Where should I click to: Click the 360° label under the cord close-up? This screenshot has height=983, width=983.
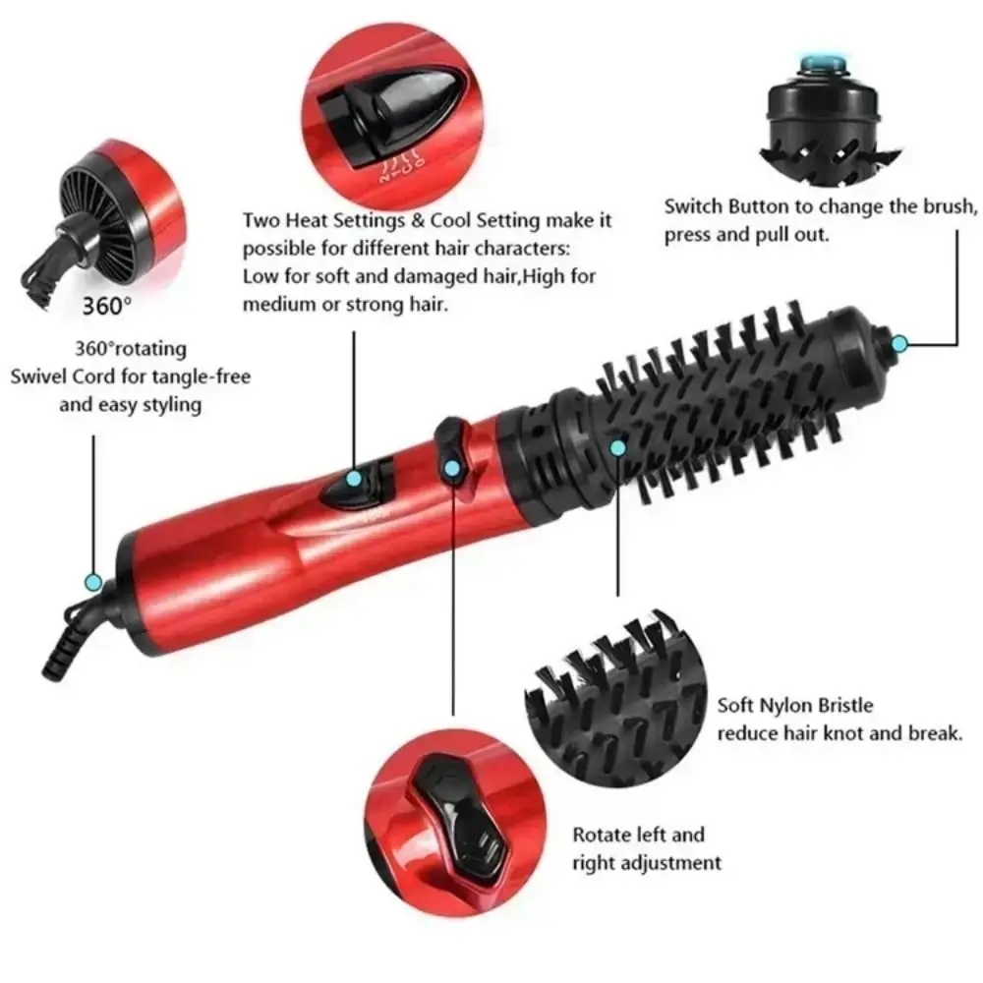(106, 305)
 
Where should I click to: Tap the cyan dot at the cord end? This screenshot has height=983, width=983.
(93, 583)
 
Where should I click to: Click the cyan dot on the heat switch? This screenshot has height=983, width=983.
(354, 479)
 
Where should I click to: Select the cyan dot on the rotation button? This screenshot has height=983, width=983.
(451, 469)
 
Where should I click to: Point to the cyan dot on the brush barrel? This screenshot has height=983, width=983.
(617, 448)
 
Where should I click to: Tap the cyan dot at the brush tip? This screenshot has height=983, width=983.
(898, 343)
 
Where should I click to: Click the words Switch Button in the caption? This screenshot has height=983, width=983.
(721, 207)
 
